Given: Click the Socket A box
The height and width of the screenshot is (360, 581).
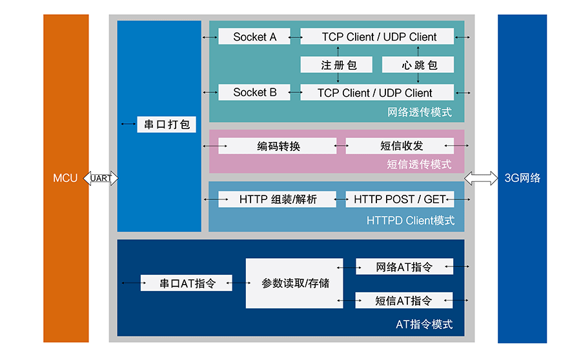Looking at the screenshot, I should (x=254, y=37).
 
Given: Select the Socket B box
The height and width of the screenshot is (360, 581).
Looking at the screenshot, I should (x=254, y=92).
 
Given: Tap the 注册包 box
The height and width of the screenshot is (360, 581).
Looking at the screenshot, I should (x=337, y=65).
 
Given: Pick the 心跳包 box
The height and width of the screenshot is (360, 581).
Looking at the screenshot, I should (x=418, y=65).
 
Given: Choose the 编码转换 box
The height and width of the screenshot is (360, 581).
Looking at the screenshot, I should (x=278, y=146).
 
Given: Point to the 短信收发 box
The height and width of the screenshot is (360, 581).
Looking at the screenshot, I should (x=400, y=146).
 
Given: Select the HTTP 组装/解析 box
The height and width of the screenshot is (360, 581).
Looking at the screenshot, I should (x=278, y=199).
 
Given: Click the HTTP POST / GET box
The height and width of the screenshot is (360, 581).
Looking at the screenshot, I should (x=400, y=199).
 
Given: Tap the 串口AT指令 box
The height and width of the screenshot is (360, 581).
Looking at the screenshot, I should (x=186, y=283).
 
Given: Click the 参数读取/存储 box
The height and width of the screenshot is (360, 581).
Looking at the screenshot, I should (x=294, y=283).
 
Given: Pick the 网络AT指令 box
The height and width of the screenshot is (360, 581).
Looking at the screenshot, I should (x=404, y=266).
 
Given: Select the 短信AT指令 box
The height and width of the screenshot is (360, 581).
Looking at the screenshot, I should (x=404, y=300).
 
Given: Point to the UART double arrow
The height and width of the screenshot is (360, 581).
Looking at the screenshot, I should (x=103, y=178).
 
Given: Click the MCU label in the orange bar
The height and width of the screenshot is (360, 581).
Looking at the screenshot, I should (x=65, y=178).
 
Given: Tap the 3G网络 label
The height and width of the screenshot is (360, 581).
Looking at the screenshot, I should (x=522, y=178).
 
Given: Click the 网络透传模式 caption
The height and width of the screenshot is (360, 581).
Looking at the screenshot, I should (x=420, y=112).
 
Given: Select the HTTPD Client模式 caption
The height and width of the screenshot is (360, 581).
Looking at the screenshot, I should (x=411, y=221).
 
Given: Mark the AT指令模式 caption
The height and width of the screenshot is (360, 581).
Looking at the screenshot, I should (x=423, y=324).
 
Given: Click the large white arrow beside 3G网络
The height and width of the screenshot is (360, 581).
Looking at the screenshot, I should (x=481, y=178).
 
